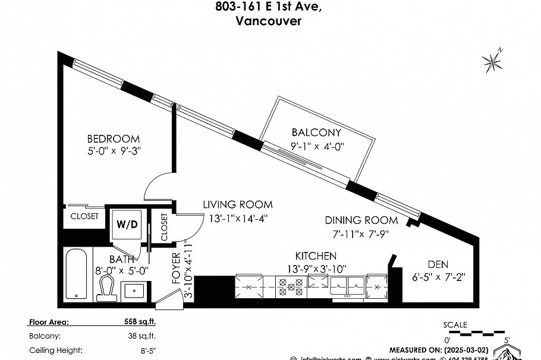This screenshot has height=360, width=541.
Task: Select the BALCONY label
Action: click(316, 132)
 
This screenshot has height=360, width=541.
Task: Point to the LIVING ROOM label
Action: click(238, 205)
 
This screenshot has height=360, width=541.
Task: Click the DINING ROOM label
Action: click(357, 220)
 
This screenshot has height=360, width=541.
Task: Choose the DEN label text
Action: click(438, 264)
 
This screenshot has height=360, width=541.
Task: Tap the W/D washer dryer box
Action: click(127, 225)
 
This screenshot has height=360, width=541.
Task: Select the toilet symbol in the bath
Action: click(108, 288)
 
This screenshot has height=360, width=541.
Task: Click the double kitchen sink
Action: click(348, 286)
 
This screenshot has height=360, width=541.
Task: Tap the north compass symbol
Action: click(493, 60)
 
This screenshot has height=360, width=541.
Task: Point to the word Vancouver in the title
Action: click(268, 21)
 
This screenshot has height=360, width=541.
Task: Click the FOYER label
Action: click(176, 267)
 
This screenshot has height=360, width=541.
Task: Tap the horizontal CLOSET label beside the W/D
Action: click(84, 216)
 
